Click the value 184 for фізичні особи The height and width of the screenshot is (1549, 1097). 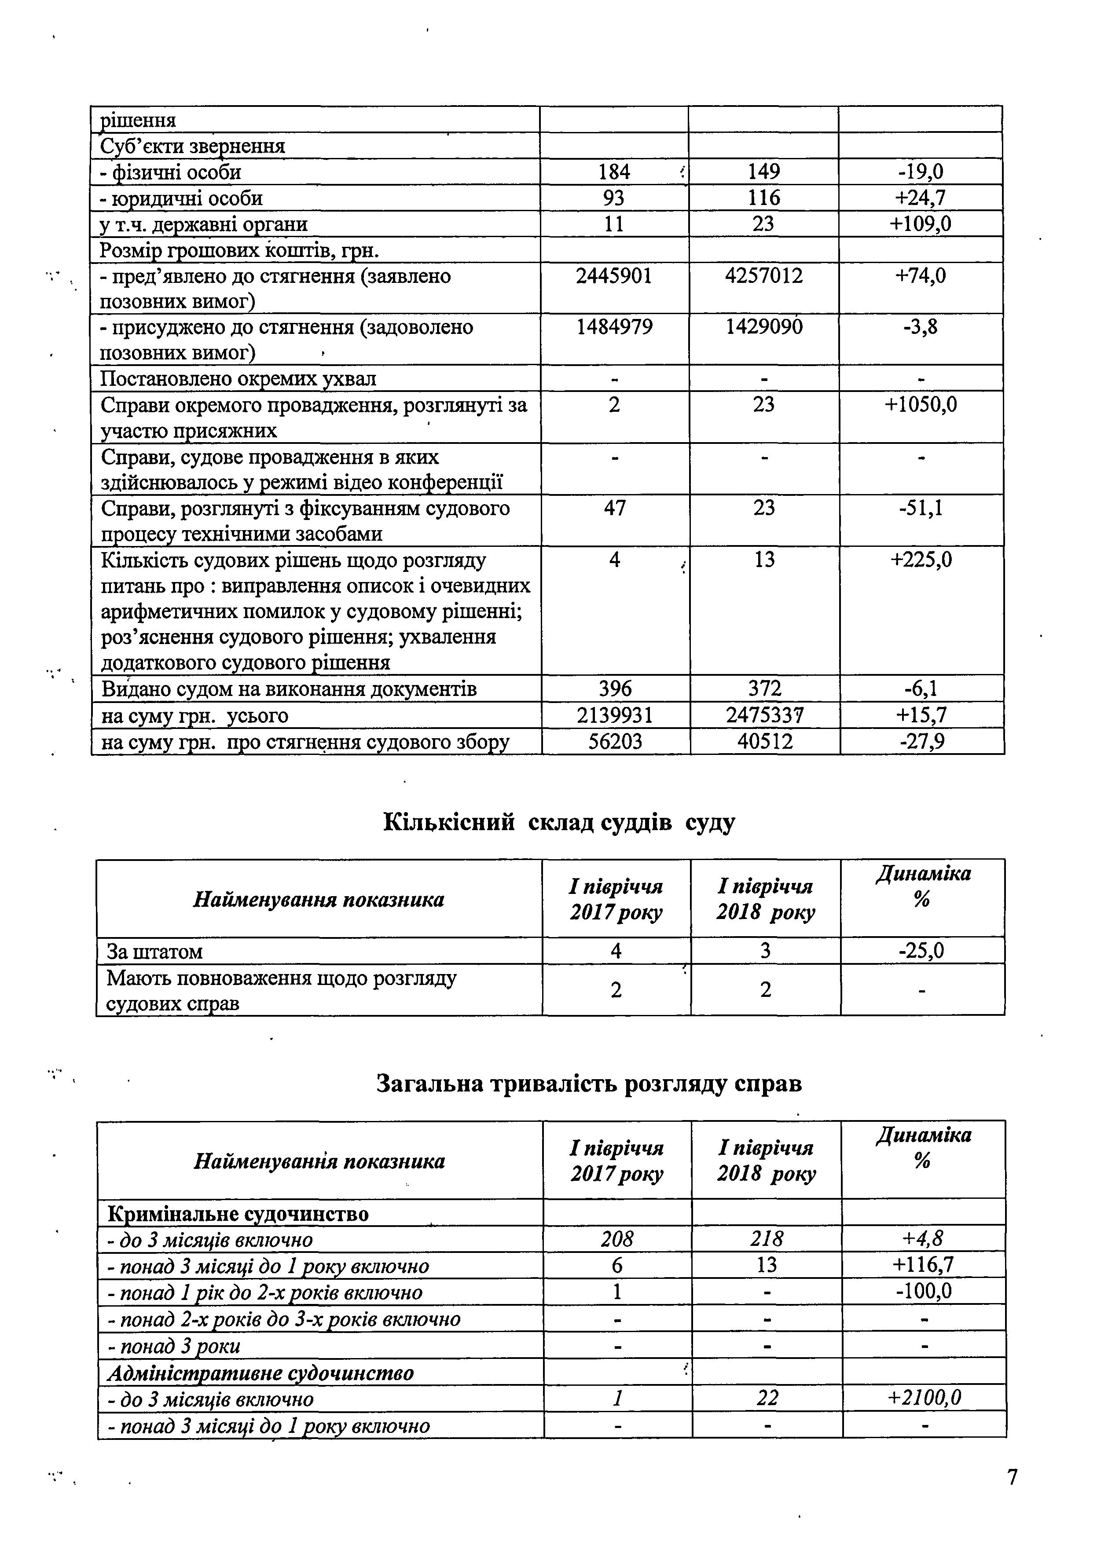click(x=614, y=172)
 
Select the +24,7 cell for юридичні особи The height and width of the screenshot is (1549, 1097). click(x=920, y=198)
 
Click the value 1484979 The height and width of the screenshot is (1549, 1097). click(x=614, y=327)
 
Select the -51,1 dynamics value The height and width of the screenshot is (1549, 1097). click(x=920, y=508)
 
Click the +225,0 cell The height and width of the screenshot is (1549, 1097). click(x=920, y=560)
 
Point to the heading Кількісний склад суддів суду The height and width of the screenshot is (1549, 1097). click(x=559, y=822)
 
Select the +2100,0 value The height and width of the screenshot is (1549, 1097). click(x=924, y=1398)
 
